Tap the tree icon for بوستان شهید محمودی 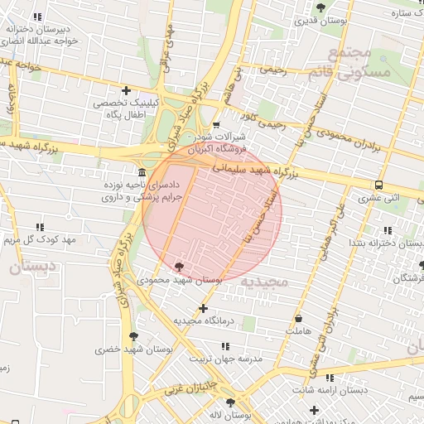180,267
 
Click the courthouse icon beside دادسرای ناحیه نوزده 142,172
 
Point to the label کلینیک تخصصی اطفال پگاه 120,108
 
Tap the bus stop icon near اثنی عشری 378,185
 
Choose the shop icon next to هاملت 298,319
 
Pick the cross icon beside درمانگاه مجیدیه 203,308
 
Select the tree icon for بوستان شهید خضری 133,336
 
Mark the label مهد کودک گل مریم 39,240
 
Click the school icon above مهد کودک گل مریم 39,227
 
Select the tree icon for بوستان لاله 230,402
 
